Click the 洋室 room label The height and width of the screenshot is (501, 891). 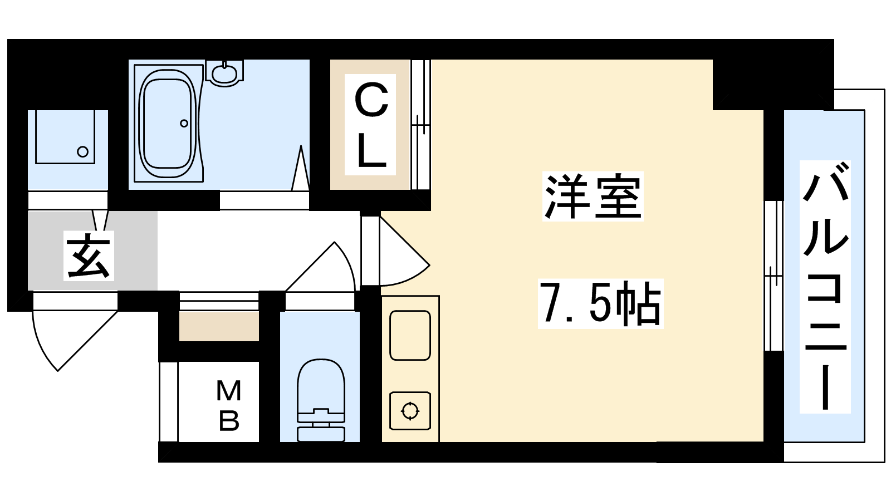pos(593,197)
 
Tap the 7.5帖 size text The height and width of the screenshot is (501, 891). pos(601,304)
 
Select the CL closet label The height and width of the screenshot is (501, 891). pos(371,125)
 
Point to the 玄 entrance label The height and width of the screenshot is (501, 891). pos(89,256)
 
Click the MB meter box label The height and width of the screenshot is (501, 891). pos(229,406)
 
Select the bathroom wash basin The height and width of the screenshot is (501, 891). pos(225,73)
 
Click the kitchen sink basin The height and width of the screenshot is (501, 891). pos(410,336)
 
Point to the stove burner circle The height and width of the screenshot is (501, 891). pos(410,411)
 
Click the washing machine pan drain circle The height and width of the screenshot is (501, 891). pos(83,151)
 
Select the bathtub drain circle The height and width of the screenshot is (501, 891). pos(184,123)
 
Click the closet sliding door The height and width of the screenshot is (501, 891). pos(421,125)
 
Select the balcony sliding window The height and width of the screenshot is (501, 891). pos(774,276)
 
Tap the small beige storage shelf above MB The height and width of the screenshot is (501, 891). pos(219,326)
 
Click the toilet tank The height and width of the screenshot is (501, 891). pos(321,434)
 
